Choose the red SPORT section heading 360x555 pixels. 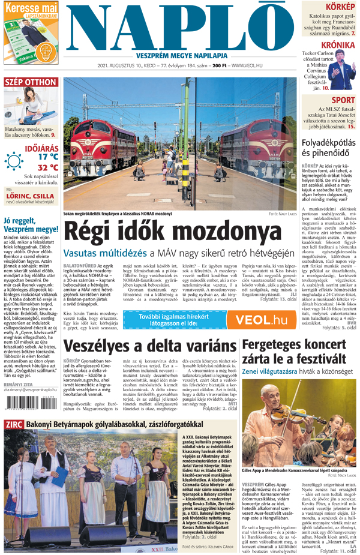pyautogui.click(x=343, y=100)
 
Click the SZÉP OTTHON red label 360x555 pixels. pyautogui.click(x=31, y=82)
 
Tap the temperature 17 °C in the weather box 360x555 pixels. pyautogui.click(x=49, y=156)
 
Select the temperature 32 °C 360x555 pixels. pyautogui.click(x=49, y=167)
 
